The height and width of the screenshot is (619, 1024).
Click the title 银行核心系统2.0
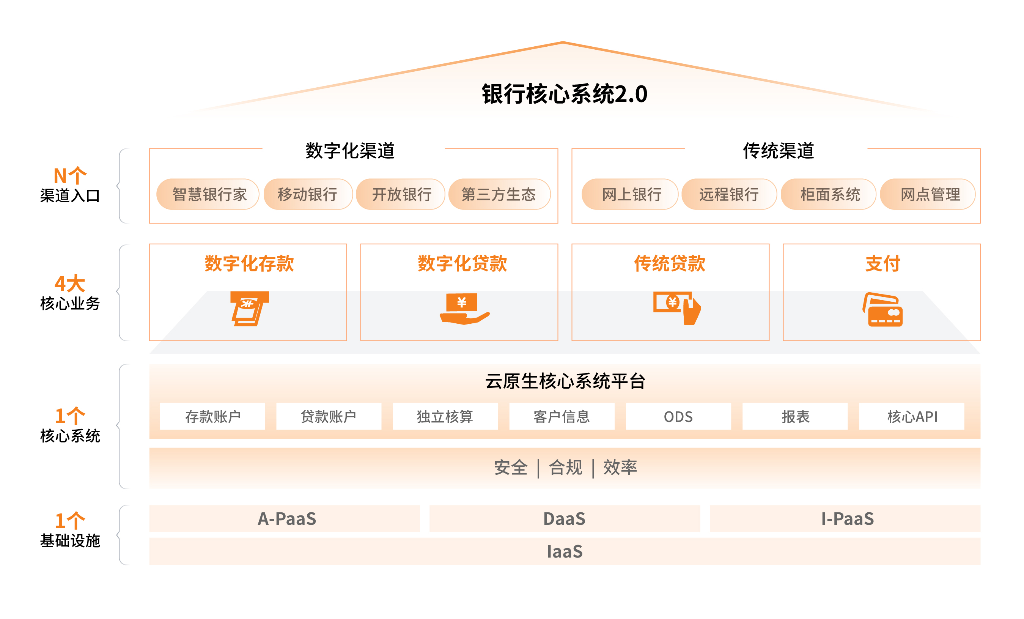pos(564,94)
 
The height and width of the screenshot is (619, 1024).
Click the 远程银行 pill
pos(728,194)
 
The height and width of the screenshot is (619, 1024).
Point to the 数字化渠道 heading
pos(350,151)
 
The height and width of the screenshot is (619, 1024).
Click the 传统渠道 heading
pos(779,151)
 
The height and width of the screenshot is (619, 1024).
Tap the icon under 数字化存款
pos(249,309)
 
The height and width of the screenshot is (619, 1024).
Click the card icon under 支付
pos(883,310)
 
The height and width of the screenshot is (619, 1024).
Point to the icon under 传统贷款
pos(676,308)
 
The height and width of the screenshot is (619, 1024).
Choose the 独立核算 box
pos(445,416)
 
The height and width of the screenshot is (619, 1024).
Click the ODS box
pos(678,416)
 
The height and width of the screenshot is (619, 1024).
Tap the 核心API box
pos(912,416)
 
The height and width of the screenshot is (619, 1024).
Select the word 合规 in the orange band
pos(565,468)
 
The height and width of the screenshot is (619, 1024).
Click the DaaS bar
pos(565,519)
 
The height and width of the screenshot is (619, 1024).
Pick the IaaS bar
pos(565,551)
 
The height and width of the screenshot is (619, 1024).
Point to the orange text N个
pos(70,176)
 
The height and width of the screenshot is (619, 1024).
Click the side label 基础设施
pos(70,540)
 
